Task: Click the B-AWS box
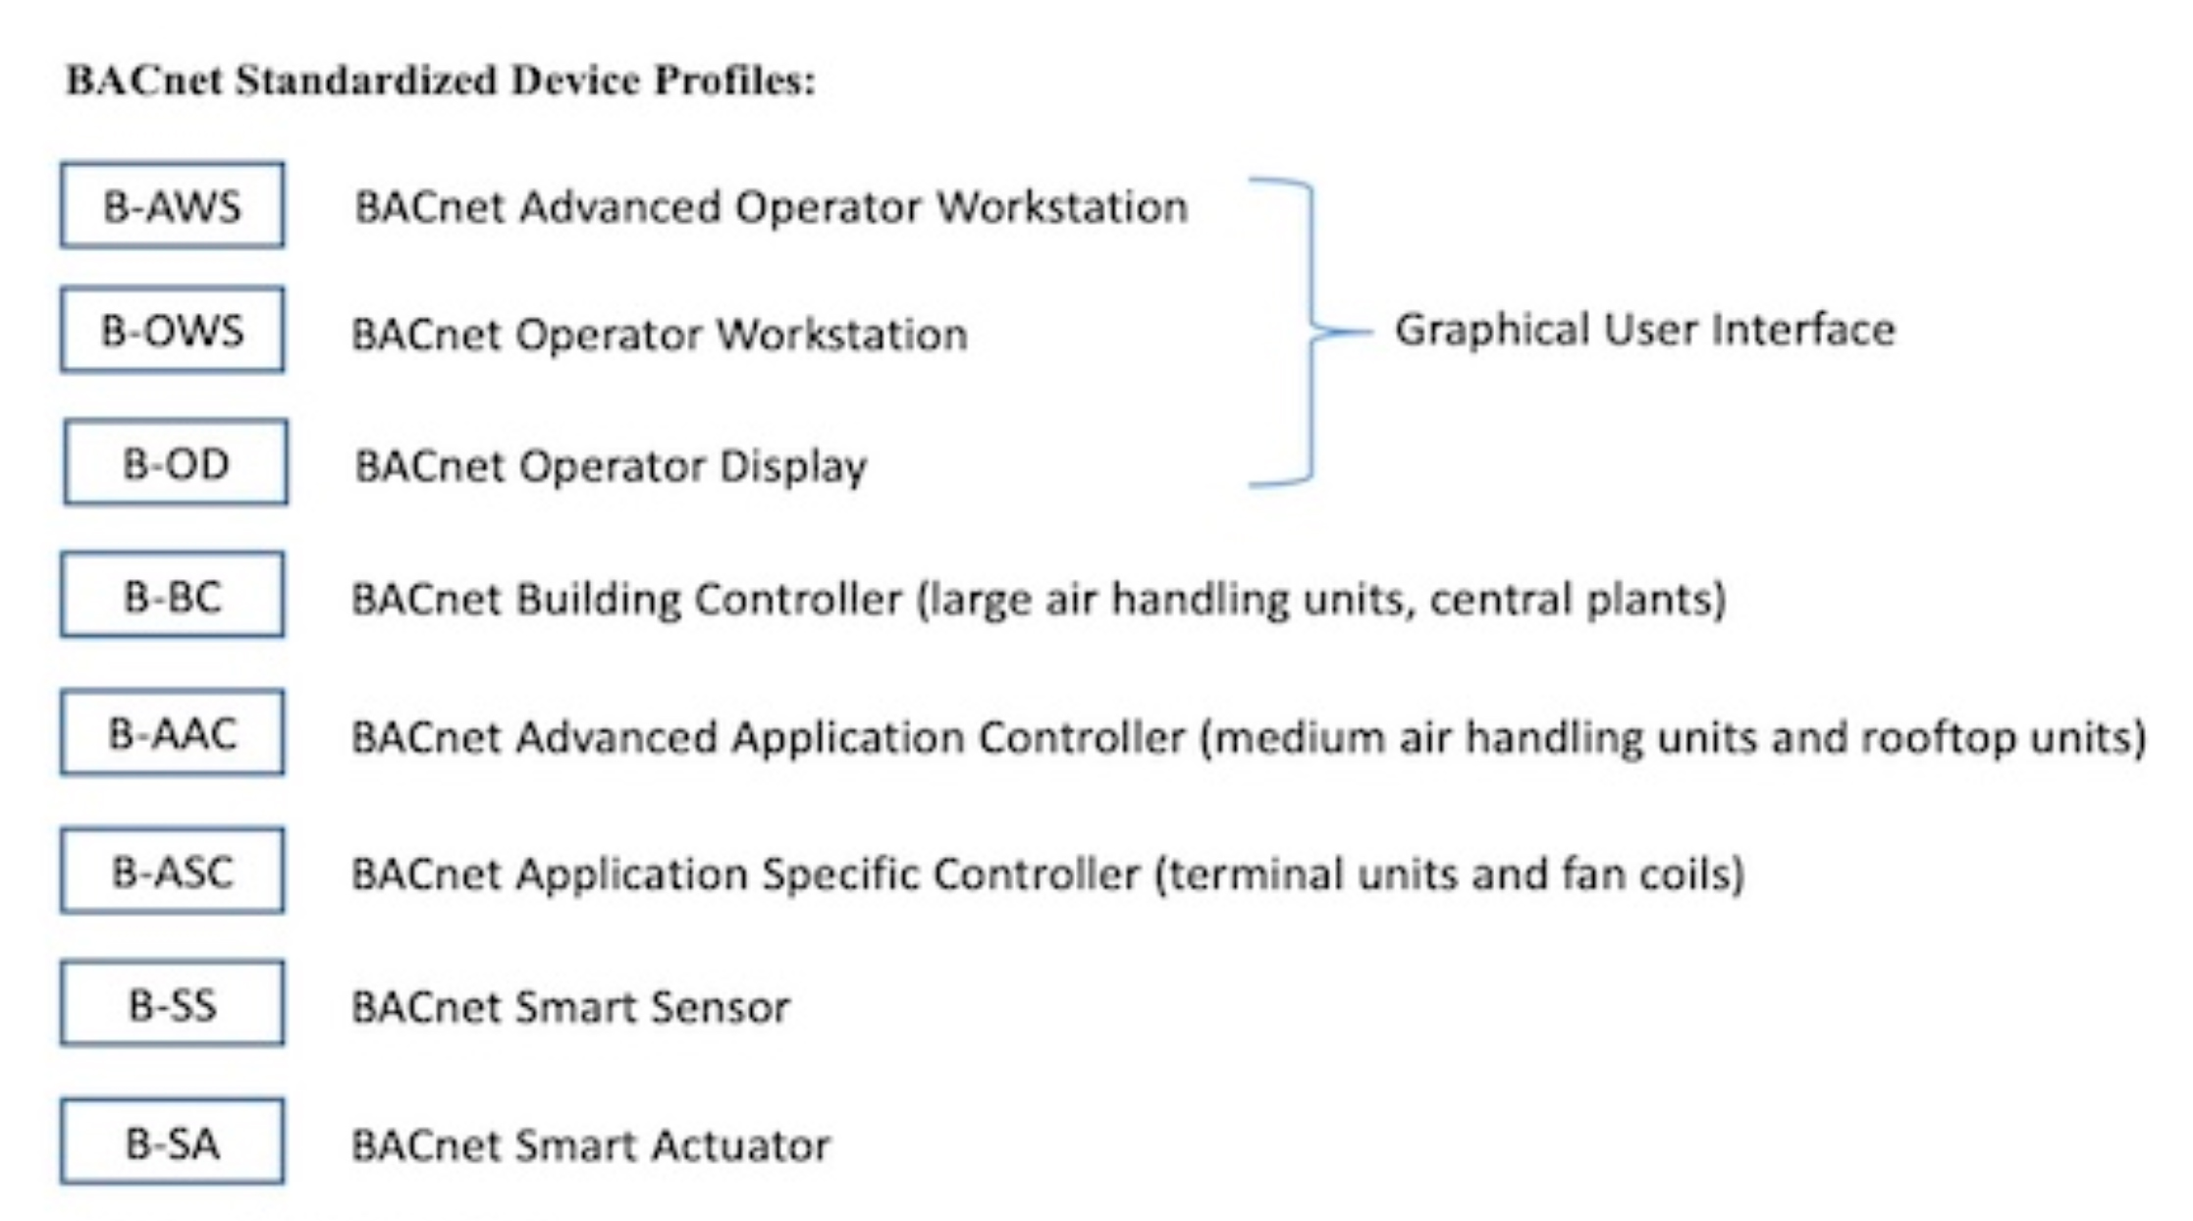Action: pos(173,205)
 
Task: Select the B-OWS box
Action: pos(173,330)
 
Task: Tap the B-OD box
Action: pos(176,462)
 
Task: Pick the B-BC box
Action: pos(173,595)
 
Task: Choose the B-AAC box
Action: pos(173,733)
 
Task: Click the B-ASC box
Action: pos(173,871)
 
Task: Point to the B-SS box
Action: pos(173,1003)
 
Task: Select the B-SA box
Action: pos(173,1141)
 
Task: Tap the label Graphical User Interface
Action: pos(1645,330)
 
